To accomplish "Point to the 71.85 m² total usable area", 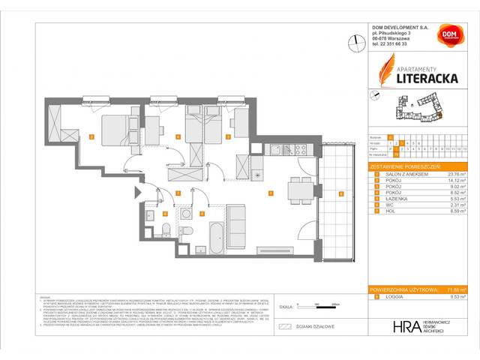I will tap(457, 288).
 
